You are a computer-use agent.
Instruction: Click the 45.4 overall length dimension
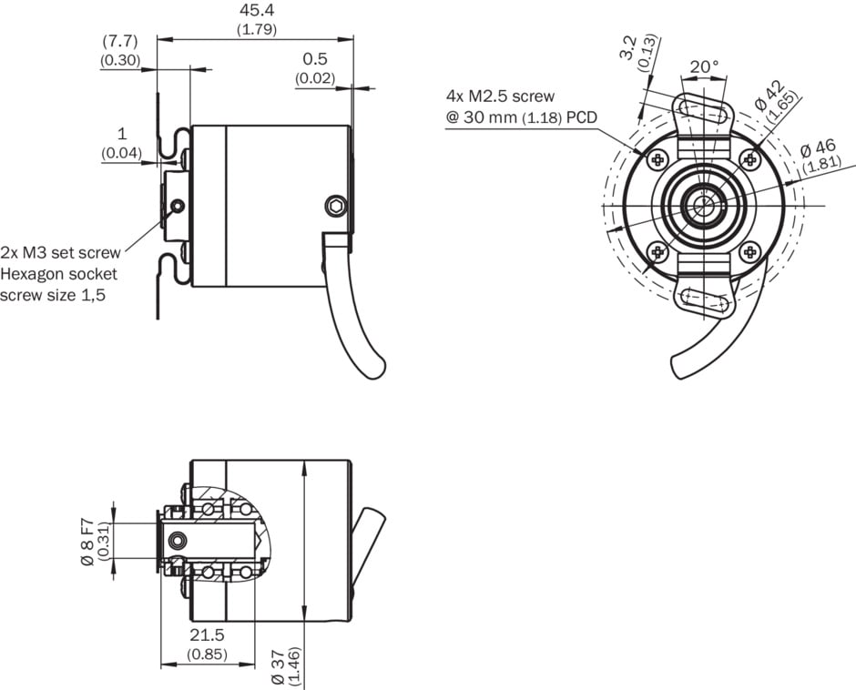256,11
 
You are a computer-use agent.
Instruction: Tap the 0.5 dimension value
315,59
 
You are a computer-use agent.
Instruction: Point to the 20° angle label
703,66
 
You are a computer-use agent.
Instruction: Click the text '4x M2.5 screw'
500,96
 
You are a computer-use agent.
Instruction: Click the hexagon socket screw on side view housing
336,207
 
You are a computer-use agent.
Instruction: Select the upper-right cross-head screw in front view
749,160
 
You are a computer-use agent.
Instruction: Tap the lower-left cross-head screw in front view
658,251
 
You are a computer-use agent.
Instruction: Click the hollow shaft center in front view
703,206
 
